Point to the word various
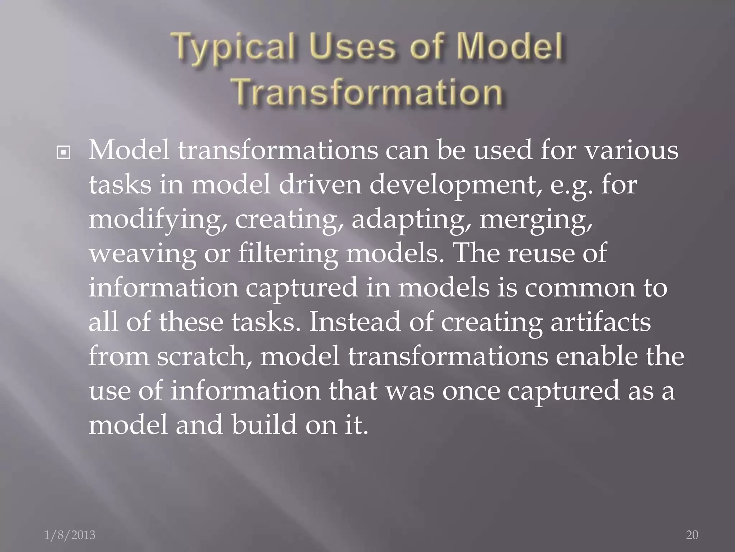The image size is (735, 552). (x=631, y=151)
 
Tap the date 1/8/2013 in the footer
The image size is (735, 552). (x=70, y=535)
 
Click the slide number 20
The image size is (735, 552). (x=692, y=535)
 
